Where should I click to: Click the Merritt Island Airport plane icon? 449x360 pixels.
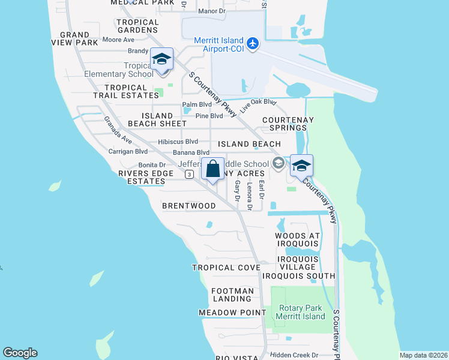[253, 44]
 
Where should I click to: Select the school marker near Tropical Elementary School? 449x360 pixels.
[161, 59]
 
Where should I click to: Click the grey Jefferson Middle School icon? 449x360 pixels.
[278, 163]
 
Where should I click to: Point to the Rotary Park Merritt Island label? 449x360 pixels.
[301, 313]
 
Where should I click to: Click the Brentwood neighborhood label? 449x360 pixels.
[189, 206]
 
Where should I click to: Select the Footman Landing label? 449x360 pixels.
[232, 295]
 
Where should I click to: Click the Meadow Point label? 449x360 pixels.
[232, 313]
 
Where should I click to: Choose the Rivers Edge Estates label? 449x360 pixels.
[142, 177]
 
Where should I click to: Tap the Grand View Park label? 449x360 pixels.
[75, 39]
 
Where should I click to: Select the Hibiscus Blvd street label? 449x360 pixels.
[178, 142]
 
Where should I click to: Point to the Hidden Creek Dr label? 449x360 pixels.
[294, 355]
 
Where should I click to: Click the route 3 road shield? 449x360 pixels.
[189, 174]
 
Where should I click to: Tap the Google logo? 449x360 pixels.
[20, 353]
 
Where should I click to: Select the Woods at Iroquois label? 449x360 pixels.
[298, 239]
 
